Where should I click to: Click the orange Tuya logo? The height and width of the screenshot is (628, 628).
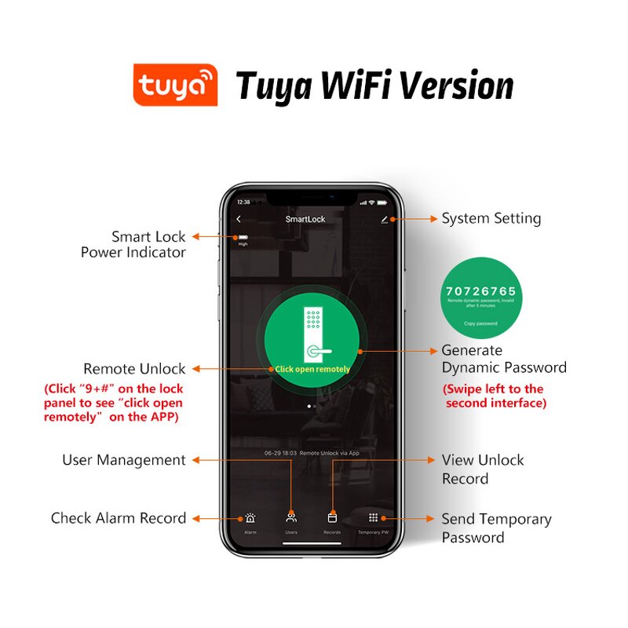click(x=174, y=84)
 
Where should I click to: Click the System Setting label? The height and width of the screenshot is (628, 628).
click(x=491, y=218)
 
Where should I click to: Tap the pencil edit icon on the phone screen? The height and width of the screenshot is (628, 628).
click(x=385, y=220)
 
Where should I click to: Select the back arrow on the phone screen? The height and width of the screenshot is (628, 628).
click(x=239, y=219)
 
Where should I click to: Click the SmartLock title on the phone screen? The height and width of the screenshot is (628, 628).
click(x=305, y=219)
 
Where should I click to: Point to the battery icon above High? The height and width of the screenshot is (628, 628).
click(x=243, y=237)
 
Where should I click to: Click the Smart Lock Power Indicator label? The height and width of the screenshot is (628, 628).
click(x=133, y=244)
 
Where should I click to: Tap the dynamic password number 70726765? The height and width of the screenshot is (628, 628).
click(x=481, y=292)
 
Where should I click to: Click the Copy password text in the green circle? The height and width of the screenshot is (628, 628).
click(x=480, y=323)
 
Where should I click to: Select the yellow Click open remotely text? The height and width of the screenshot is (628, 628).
click(x=312, y=369)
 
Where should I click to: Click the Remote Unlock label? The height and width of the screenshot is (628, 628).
click(x=134, y=368)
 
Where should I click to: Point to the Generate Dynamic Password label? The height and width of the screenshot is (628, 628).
click(x=503, y=359)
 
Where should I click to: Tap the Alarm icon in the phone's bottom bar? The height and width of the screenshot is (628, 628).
click(x=250, y=518)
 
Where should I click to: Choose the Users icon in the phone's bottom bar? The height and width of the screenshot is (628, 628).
click(x=291, y=518)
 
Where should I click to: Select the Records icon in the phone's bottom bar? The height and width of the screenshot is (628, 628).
click(x=332, y=518)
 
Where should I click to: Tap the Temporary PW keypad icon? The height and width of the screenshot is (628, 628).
click(x=373, y=518)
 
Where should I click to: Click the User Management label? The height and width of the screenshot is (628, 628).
click(x=124, y=460)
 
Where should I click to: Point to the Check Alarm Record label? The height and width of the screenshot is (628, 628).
click(x=119, y=518)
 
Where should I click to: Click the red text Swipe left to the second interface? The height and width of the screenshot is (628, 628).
click(x=494, y=396)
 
